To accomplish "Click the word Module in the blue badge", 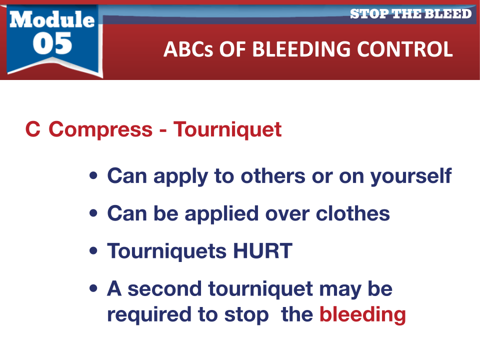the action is click(52, 19).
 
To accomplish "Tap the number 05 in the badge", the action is click(52, 43).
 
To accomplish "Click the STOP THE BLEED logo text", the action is click(411, 14).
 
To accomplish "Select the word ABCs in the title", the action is click(188, 49).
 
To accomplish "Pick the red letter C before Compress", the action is click(33, 129).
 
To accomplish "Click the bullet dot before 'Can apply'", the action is click(93, 175).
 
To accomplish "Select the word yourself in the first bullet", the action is click(411, 176).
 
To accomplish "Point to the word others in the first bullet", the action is click(273, 176).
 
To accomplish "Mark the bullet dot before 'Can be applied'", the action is click(93, 213).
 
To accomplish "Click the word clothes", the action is click(352, 213).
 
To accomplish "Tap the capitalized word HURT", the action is click(262, 251).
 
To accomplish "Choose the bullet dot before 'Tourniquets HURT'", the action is click(93, 250).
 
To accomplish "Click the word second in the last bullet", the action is click(164, 288).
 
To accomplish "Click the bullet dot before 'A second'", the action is click(93, 288).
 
